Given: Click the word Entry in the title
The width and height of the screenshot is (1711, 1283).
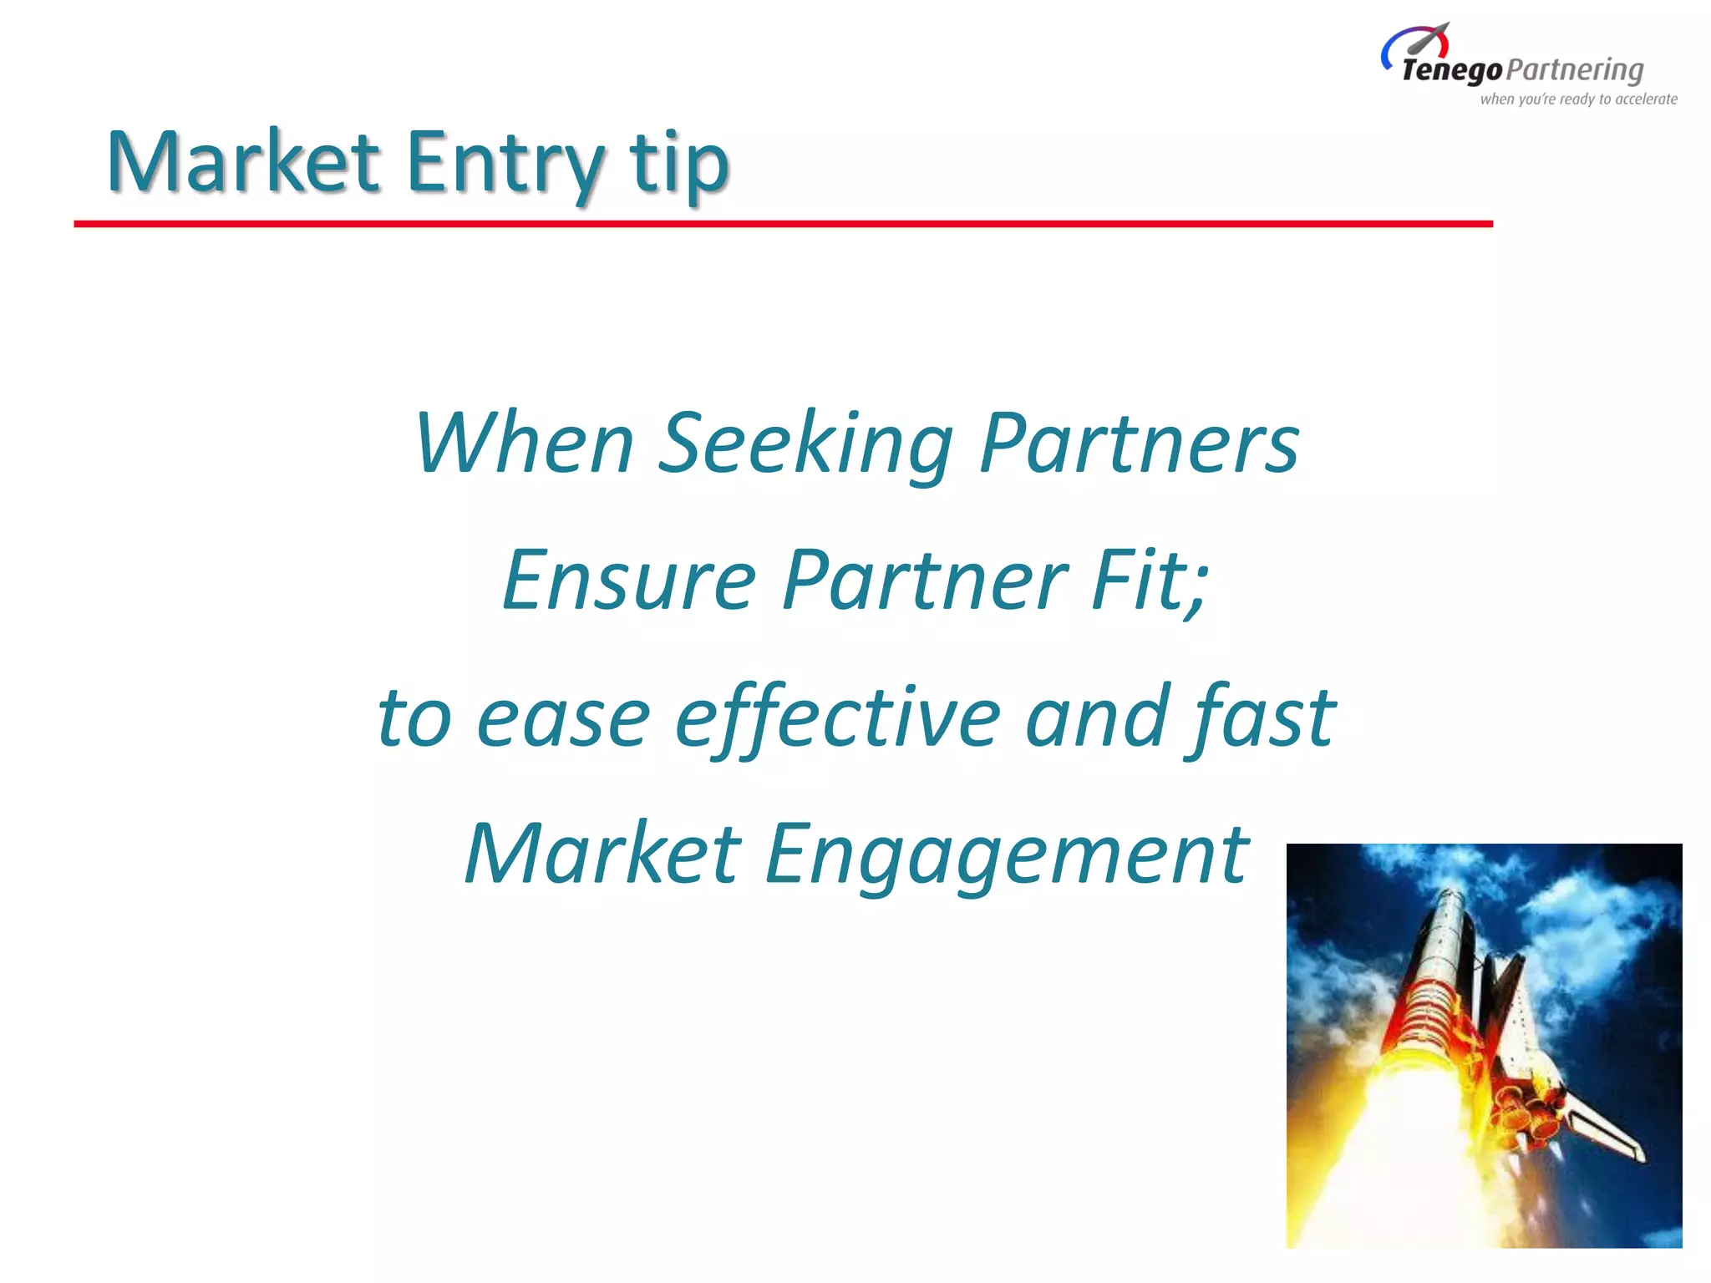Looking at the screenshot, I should click(x=505, y=163).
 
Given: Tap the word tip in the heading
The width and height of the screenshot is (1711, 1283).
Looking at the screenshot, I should click(x=679, y=163).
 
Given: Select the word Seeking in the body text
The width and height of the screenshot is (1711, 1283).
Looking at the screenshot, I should click(x=805, y=444).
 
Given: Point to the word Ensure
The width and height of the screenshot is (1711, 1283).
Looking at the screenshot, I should click(x=628, y=580).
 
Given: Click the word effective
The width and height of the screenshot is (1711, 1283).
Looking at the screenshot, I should click(x=837, y=717).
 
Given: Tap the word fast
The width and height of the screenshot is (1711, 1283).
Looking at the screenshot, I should click(x=1263, y=717).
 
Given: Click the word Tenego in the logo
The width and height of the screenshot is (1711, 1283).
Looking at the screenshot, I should click(x=1452, y=70).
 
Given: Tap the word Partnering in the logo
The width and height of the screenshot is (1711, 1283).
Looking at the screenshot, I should click(x=1575, y=70).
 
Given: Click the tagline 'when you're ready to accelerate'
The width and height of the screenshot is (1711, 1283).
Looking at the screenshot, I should click(x=1578, y=99).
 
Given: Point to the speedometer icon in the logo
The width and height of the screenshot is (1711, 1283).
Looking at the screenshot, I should click(x=1416, y=42).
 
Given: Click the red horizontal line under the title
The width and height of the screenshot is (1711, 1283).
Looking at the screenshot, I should click(x=783, y=224).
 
